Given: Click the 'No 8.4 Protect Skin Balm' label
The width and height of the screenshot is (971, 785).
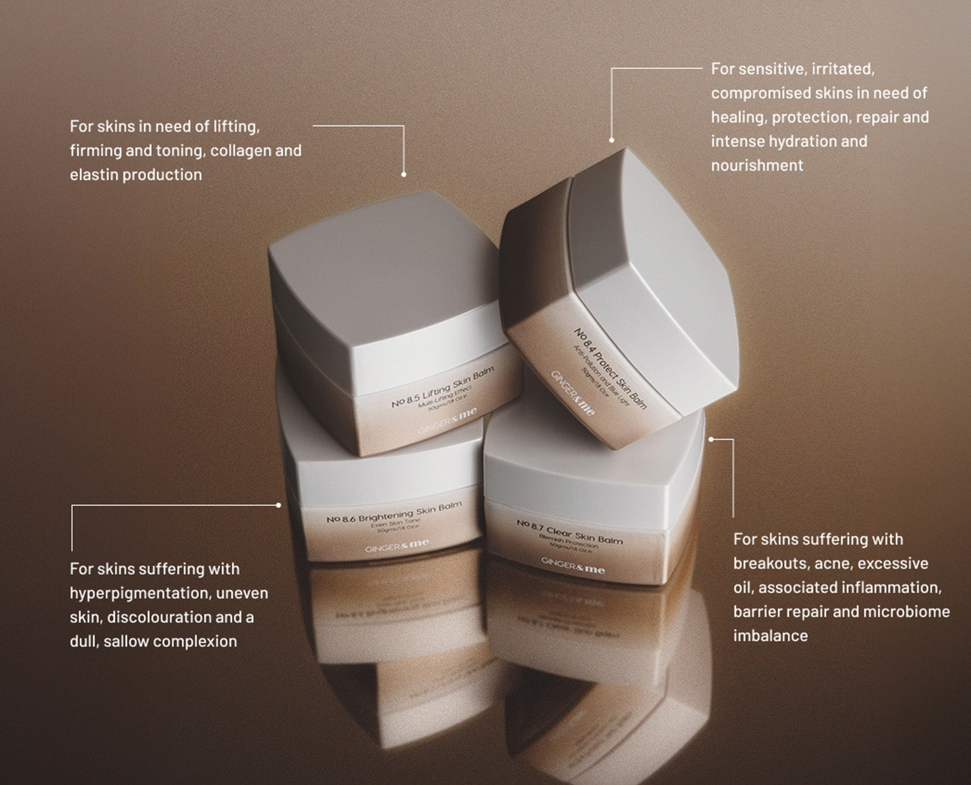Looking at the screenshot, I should (610, 368).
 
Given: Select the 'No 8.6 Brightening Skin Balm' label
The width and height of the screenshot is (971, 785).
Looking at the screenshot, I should (394, 512).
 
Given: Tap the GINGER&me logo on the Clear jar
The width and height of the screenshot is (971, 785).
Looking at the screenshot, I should (573, 566).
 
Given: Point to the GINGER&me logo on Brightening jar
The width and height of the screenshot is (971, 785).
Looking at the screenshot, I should (397, 546).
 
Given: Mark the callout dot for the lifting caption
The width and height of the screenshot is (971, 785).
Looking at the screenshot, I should (403, 174).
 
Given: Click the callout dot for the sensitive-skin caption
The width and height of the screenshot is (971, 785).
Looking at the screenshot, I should (611, 140).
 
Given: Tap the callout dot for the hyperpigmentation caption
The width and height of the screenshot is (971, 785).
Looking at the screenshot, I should (278, 505).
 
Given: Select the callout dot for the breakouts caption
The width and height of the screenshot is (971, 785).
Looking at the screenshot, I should (710, 440).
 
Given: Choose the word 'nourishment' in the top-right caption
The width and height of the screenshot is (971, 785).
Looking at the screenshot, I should (757, 166).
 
